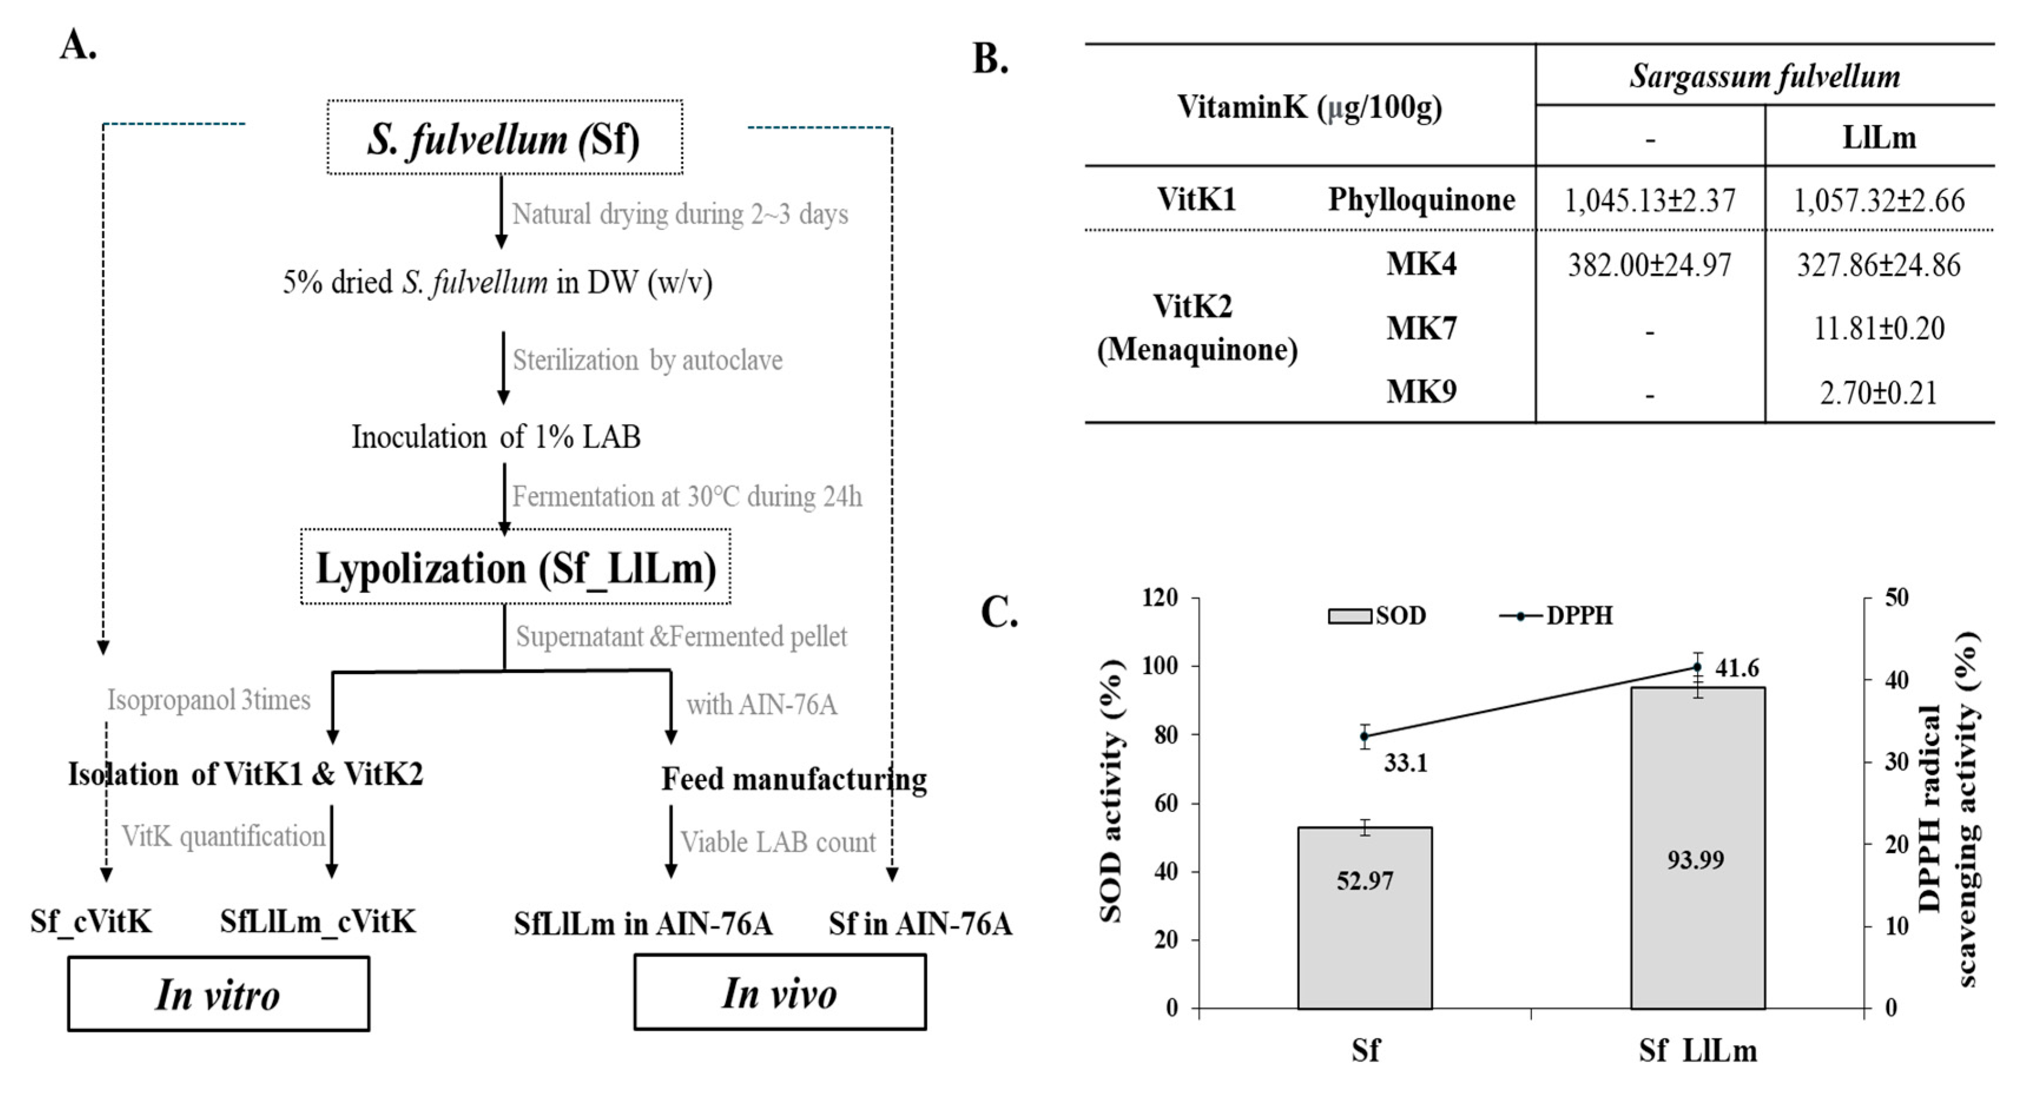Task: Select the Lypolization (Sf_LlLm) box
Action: click(x=515, y=567)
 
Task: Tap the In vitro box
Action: click(x=218, y=993)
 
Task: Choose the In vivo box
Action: click(x=780, y=992)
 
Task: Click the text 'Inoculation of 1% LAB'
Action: click(x=496, y=437)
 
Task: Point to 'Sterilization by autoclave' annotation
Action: click(x=647, y=360)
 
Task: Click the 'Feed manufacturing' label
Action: click(x=794, y=778)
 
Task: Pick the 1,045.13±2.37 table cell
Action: click(x=1649, y=200)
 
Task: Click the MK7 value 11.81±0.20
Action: click(x=1879, y=328)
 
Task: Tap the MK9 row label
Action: click(x=1421, y=391)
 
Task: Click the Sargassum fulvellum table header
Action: click(x=1764, y=76)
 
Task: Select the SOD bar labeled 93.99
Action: click(x=1697, y=848)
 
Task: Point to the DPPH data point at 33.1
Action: click(x=1365, y=736)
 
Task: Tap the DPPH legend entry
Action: click(x=1556, y=616)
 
